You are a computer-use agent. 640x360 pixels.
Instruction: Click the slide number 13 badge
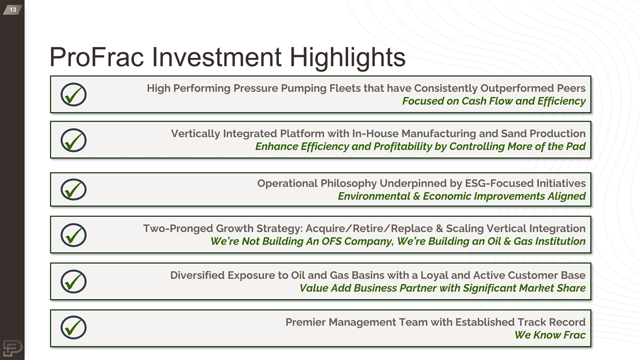tap(13, 10)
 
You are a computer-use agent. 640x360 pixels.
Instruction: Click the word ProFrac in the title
tap(97, 57)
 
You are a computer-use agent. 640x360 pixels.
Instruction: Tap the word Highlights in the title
tap(347, 58)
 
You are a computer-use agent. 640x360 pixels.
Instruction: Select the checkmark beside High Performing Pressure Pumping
tap(74, 94)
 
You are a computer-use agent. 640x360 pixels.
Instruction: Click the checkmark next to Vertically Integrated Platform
tap(74, 140)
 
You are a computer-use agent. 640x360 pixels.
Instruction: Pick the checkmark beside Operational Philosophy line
tap(74, 189)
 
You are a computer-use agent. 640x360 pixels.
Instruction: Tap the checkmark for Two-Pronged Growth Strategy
tap(74, 235)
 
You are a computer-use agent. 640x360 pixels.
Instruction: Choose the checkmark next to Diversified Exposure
tap(74, 282)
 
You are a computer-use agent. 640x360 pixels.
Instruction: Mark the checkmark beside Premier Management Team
tap(74, 327)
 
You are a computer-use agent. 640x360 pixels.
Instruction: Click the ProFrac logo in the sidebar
tap(13, 348)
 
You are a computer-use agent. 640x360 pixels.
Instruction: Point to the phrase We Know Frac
tap(550, 335)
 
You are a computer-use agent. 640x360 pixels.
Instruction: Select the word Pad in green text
tap(577, 147)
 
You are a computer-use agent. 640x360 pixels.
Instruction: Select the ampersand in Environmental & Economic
tap(417, 196)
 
